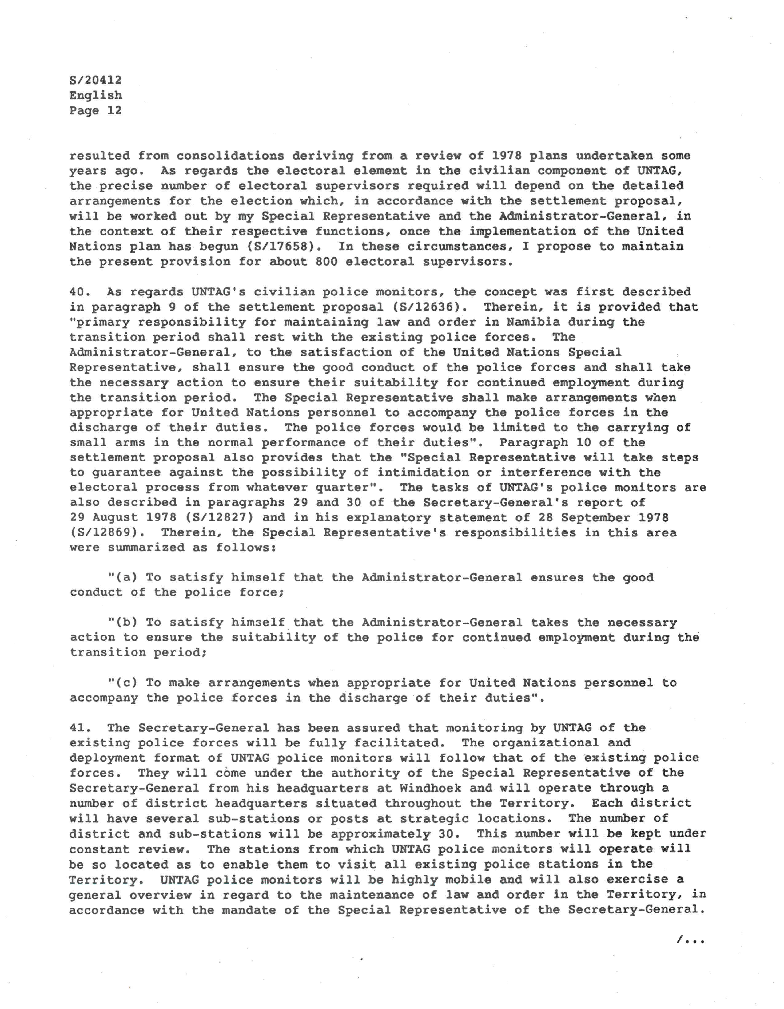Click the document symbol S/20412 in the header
coord(96,80)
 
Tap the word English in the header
coord(96,96)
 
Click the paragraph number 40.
coord(80,292)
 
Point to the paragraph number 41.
coord(80,728)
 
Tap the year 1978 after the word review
coord(506,156)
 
